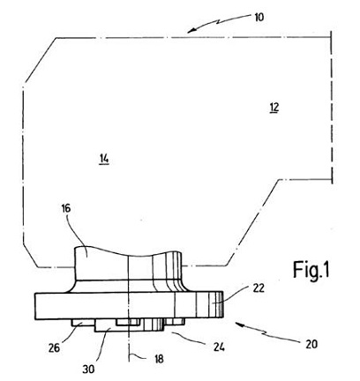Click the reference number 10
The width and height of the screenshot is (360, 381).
tap(259, 18)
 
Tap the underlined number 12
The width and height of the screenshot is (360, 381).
tap(274, 108)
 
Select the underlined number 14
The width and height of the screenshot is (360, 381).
tap(104, 159)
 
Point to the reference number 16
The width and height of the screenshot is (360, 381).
tap(66, 208)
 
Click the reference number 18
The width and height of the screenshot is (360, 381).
tap(159, 359)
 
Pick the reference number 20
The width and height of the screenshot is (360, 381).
tap(311, 344)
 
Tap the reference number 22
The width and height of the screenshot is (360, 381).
tap(259, 288)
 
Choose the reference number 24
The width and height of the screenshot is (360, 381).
tap(219, 347)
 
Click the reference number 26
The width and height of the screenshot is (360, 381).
tap(54, 348)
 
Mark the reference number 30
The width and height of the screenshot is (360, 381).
tap(88, 369)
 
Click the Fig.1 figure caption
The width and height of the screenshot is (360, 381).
tap(311, 270)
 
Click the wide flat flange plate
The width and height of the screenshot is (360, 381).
tap(129, 306)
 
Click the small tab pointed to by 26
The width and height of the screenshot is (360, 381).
tap(83, 322)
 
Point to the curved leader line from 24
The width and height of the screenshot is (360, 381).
tap(191, 338)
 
